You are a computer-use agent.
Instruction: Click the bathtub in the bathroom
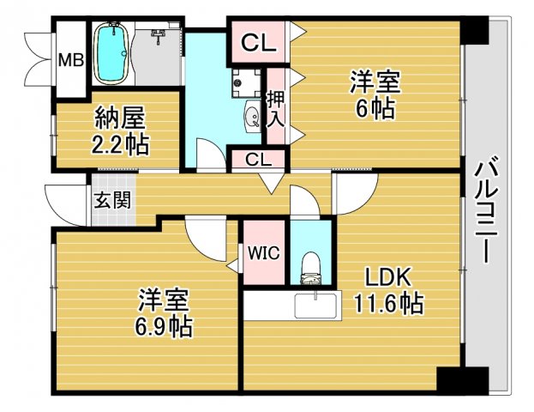tap(111, 52)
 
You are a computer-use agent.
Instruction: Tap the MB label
tap(69, 60)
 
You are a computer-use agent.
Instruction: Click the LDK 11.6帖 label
tap(388, 290)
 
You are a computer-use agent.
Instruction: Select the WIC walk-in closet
tap(263, 252)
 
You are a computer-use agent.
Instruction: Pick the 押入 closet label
tap(275, 108)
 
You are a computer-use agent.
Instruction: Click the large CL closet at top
tap(256, 41)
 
